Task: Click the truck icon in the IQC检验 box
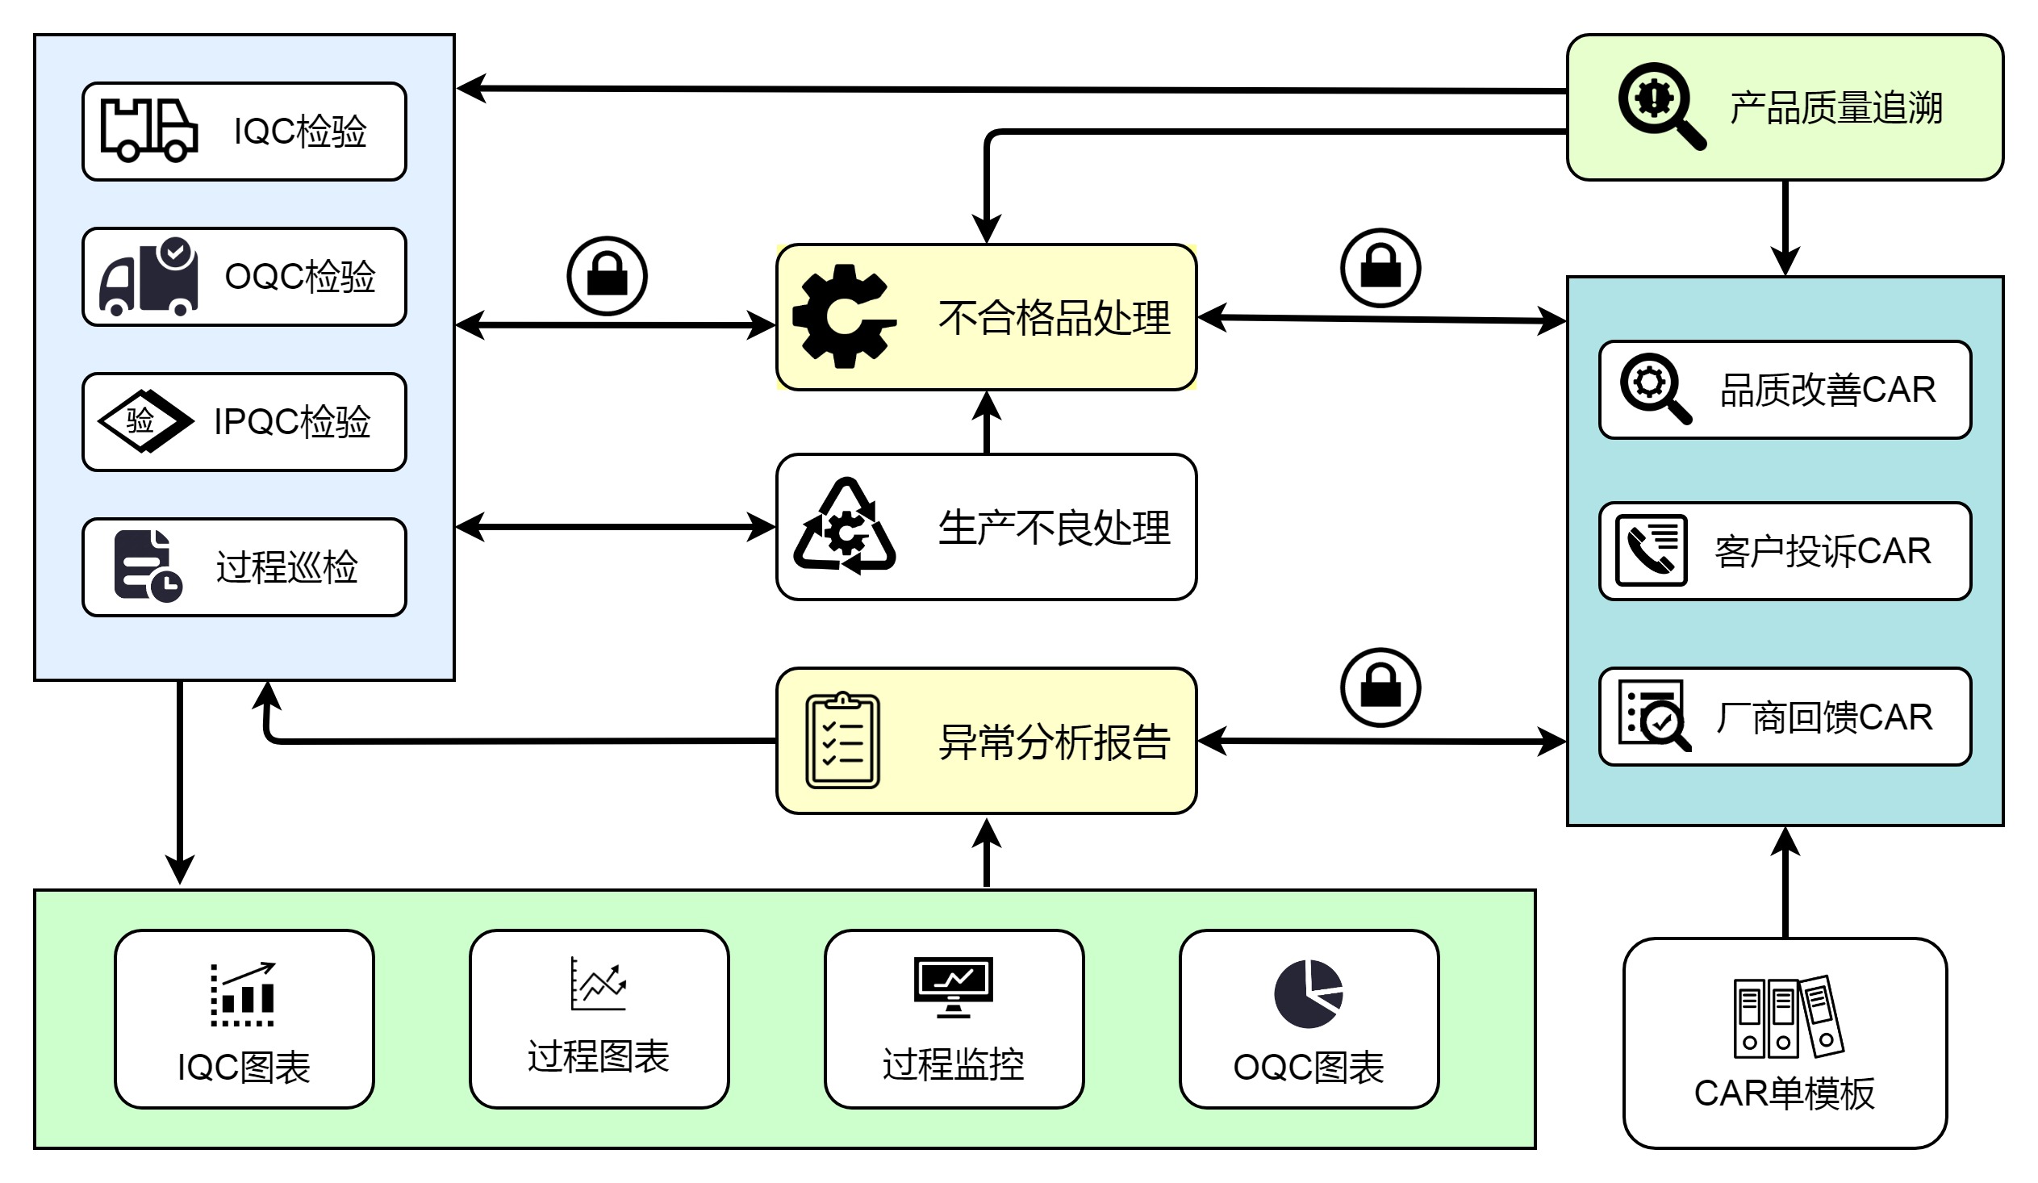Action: [148, 131]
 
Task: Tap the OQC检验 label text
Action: [300, 277]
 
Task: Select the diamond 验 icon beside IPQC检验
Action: [144, 420]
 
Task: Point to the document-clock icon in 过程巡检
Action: [148, 566]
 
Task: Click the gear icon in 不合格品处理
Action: [843, 316]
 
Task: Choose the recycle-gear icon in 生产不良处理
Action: [845, 526]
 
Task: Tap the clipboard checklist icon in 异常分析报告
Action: [842, 740]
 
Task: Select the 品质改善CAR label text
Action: [1827, 390]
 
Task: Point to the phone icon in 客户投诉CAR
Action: [1651, 550]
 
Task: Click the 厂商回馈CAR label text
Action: [1823, 717]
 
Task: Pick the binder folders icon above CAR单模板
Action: [1788, 1017]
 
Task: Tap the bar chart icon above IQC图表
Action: [243, 994]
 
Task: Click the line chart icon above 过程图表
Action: [598, 984]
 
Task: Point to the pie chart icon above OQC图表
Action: [1309, 994]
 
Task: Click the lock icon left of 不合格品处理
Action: [607, 276]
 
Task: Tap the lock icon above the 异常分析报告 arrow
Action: [1380, 688]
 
